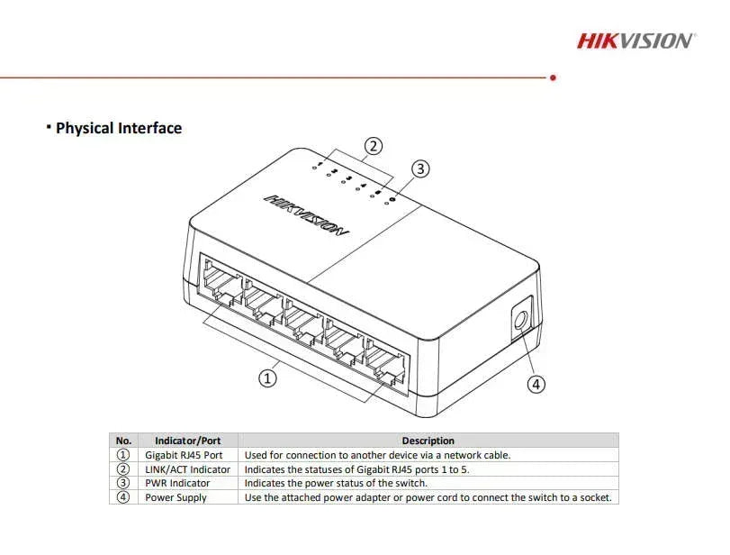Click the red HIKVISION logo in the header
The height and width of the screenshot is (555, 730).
[x=635, y=41]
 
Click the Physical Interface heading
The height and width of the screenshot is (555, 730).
[x=118, y=128]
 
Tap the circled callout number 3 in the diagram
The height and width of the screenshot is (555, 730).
[x=420, y=168]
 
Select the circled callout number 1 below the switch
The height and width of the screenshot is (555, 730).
[x=267, y=378]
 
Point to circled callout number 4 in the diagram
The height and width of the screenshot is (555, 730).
[x=536, y=384]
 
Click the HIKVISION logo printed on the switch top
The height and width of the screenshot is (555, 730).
[x=306, y=215]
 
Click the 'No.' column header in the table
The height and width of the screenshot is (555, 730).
[x=124, y=441]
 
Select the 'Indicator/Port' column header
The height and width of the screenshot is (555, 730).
[x=188, y=441]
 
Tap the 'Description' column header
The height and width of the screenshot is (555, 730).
[x=428, y=441]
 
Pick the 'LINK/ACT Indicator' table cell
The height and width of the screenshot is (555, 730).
[x=187, y=469]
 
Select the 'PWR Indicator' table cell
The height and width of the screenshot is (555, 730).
[x=177, y=483]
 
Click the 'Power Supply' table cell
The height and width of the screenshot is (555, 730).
[x=176, y=497]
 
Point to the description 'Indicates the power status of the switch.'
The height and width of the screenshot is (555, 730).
[x=336, y=483]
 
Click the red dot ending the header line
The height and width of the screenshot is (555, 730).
[x=553, y=77]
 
